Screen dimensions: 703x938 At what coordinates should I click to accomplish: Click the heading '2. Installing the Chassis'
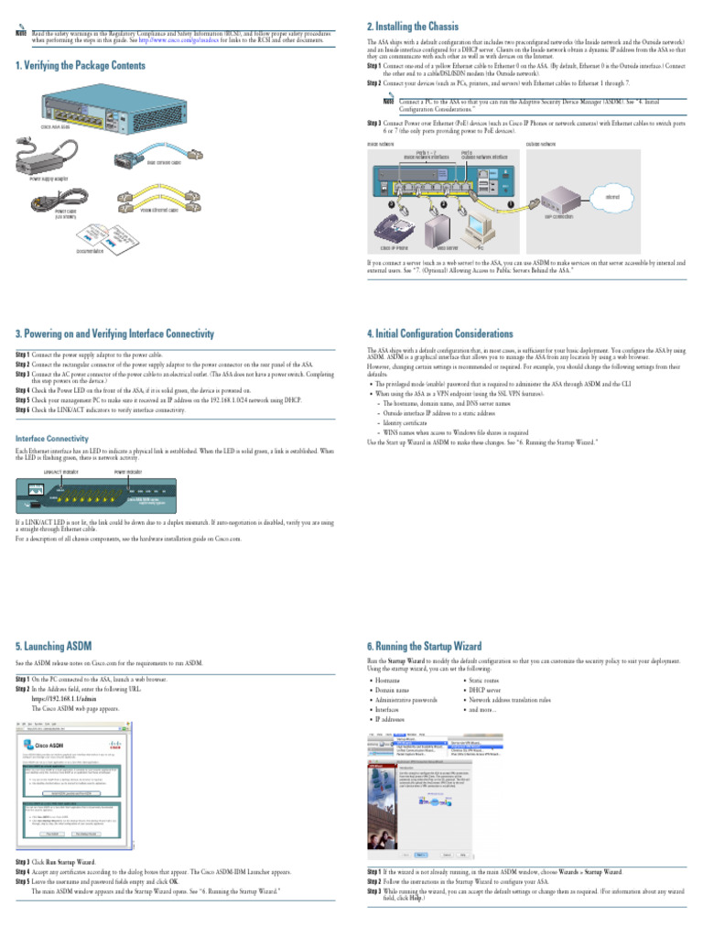point(413,27)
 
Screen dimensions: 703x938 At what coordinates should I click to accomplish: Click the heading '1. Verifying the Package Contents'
point(81,66)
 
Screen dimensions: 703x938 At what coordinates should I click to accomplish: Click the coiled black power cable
point(65,198)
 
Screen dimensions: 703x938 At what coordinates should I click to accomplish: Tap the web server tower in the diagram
point(446,227)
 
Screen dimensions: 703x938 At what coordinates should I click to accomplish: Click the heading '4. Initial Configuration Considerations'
point(439,333)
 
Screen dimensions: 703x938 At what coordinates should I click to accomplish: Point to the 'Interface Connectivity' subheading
point(52,439)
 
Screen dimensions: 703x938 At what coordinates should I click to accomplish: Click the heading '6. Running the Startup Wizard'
point(424,645)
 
